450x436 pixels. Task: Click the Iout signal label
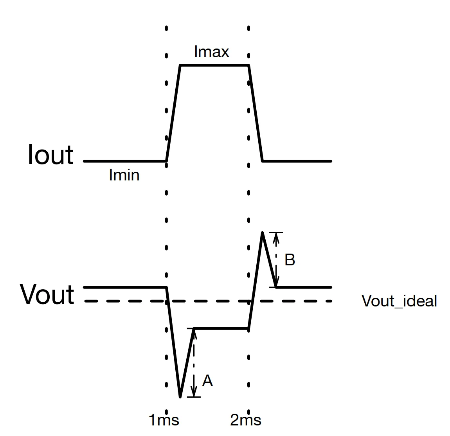50,155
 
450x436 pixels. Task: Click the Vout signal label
47,294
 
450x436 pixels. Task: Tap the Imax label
212,52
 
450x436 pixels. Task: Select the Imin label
124,175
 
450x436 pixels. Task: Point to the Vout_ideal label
399,301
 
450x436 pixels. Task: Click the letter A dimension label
207,381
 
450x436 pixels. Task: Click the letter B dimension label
290,260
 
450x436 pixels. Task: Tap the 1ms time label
164,420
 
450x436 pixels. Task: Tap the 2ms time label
246,420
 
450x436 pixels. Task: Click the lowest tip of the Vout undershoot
180,397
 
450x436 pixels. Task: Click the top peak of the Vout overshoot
262,232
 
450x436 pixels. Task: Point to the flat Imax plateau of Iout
214,66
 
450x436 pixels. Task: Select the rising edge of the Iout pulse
173,114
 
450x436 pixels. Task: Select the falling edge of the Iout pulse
256,114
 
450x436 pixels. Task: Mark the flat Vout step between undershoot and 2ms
221,328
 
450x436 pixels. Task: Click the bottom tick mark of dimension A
194,397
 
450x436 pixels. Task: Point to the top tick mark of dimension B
276,232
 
